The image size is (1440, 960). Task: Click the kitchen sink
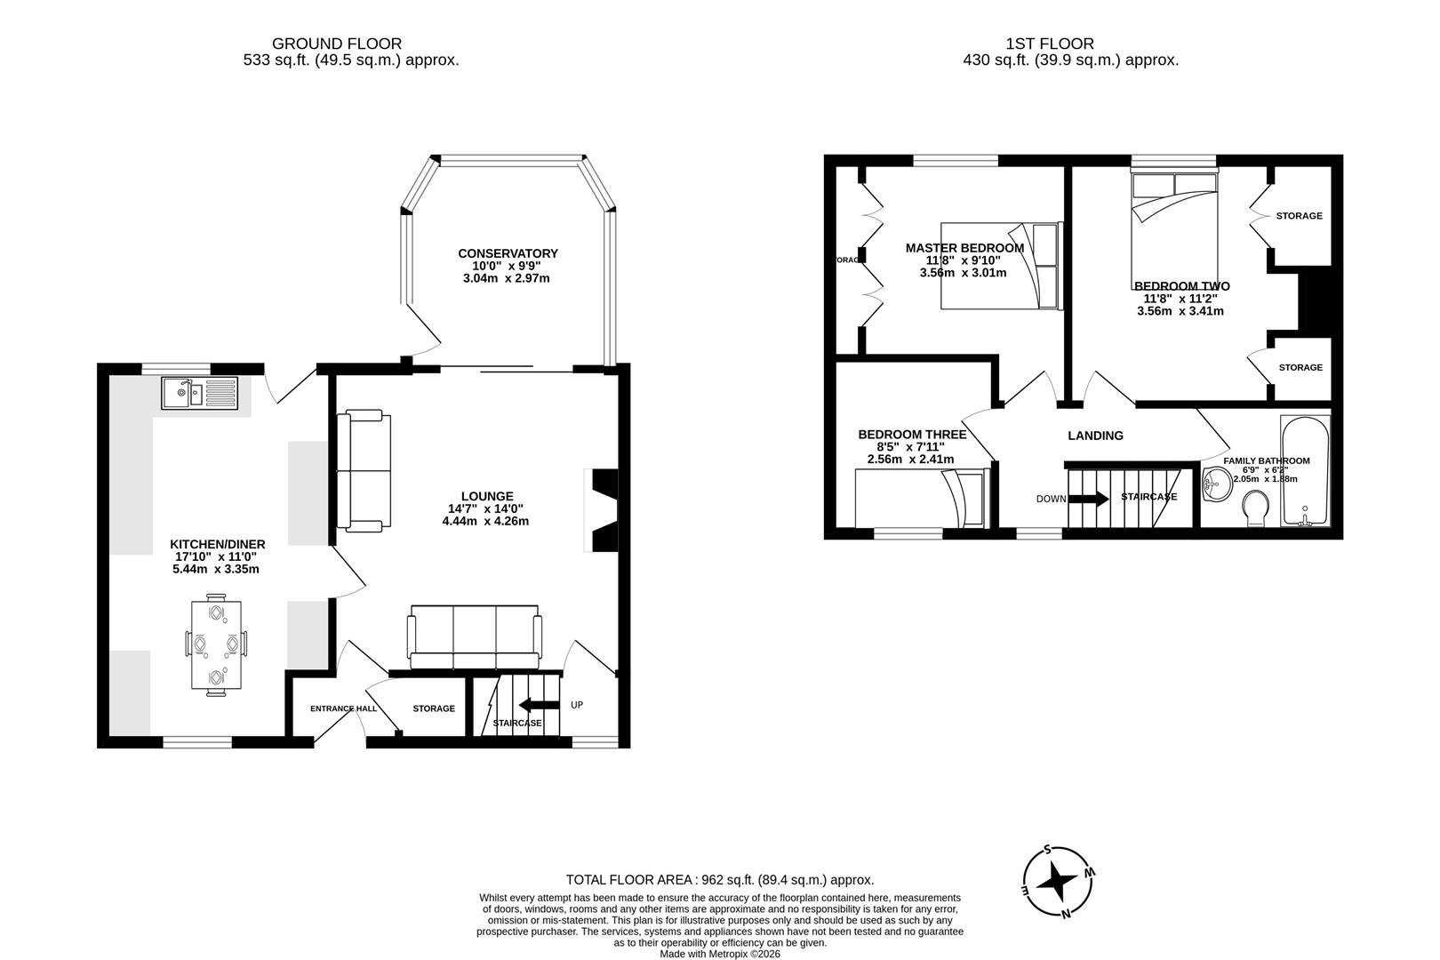200,392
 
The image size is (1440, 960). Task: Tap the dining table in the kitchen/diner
216,646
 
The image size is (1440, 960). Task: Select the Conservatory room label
508,253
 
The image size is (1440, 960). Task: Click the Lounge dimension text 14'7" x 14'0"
485,508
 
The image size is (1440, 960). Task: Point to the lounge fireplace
602,510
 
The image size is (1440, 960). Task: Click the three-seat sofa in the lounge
474,636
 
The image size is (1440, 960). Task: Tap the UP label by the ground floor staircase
577,705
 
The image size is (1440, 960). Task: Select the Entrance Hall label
343,709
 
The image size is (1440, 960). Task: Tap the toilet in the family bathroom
1256,510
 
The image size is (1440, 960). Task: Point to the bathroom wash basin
1217,486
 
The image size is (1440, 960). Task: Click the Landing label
1095,436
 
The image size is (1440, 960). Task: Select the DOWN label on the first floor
1051,499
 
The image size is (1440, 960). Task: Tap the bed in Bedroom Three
920,499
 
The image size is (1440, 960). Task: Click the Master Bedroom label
964,248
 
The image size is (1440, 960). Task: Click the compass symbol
1059,883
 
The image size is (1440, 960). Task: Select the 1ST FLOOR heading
1049,43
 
